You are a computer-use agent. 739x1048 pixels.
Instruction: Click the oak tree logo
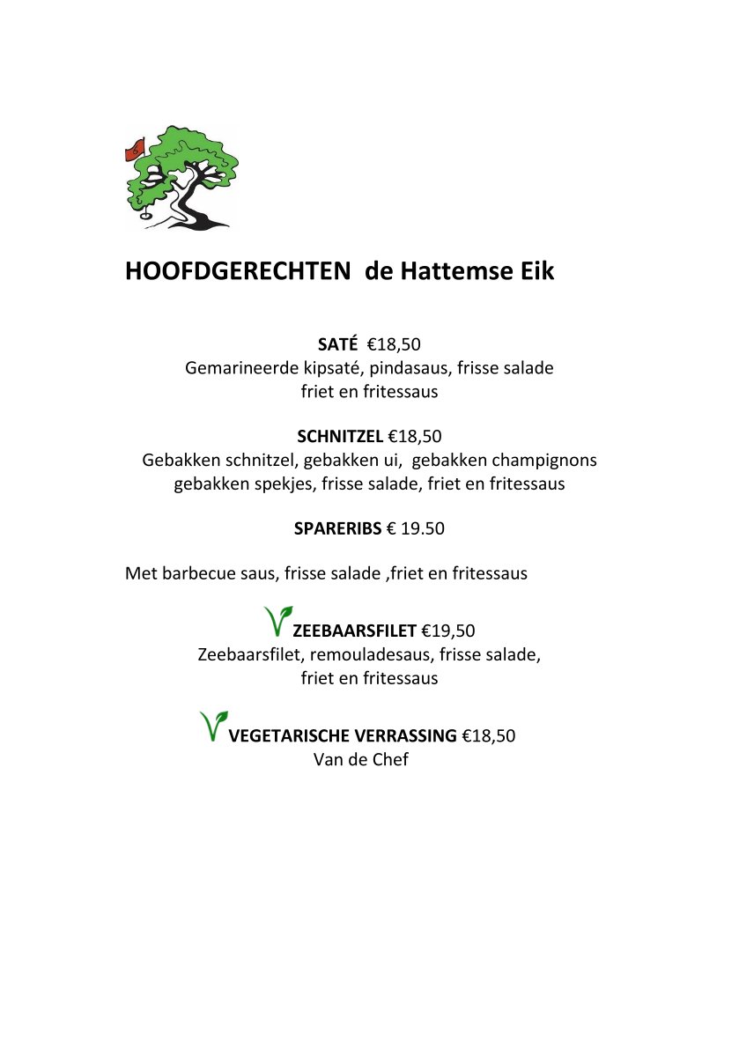coord(183,177)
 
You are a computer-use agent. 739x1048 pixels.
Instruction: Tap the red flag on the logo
coord(135,149)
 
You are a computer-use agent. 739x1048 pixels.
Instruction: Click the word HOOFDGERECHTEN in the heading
coord(238,271)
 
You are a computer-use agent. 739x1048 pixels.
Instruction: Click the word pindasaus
coord(406,368)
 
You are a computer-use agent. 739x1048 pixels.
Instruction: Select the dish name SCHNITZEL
coord(340,436)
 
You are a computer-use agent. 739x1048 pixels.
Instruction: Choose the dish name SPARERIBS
coord(337,529)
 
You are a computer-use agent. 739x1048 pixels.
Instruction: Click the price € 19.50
coord(416,529)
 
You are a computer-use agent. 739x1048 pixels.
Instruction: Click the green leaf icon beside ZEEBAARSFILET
coord(277,621)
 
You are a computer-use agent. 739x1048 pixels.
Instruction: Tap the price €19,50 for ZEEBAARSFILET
coord(448,631)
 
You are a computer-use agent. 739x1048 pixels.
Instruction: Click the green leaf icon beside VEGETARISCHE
coord(213,726)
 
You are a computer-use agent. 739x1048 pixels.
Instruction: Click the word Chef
coord(390,759)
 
